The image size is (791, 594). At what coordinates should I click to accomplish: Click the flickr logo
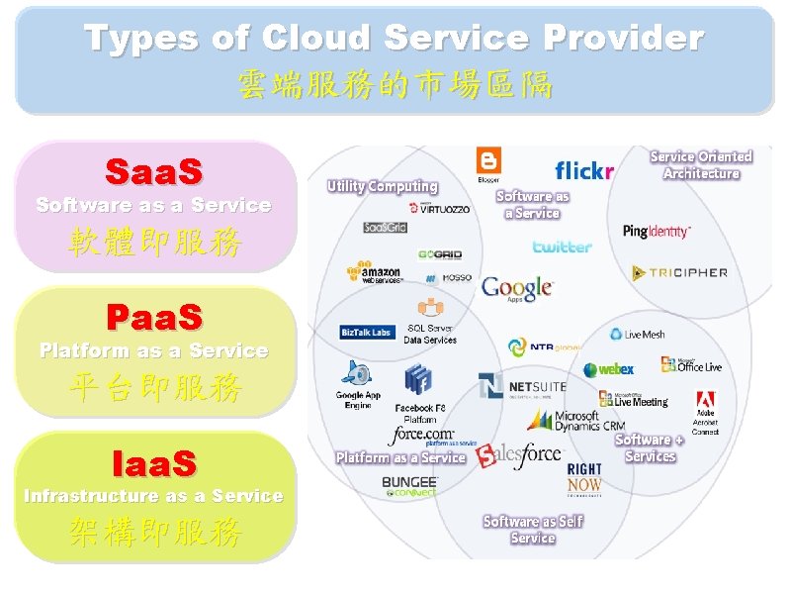tap(584, 171)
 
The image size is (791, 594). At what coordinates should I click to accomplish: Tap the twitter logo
tap(562, 247)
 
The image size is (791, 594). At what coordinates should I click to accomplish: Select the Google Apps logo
tap(516, 288)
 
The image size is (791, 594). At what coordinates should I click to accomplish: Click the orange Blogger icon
tap(488, 163)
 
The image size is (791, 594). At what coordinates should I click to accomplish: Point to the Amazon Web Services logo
tap(374, 272)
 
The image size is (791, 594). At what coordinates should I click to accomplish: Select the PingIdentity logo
tap(657, 231)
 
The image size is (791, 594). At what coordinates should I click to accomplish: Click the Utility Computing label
tap(383, 186)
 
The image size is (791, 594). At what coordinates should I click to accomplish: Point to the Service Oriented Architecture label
tap(701, 165)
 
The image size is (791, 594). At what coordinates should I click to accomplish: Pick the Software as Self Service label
tap(533, 530)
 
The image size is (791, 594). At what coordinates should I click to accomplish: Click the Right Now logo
tap(584, 477)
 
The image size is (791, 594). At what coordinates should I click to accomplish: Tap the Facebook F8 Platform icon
tap(418, 379)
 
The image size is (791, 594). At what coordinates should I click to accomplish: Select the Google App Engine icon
tap(356, 374)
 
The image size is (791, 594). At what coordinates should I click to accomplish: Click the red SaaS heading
tap(153, 172)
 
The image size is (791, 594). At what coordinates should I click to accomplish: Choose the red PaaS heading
tap(153, 318)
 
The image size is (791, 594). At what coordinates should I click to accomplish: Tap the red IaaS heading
tap(153, 462)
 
